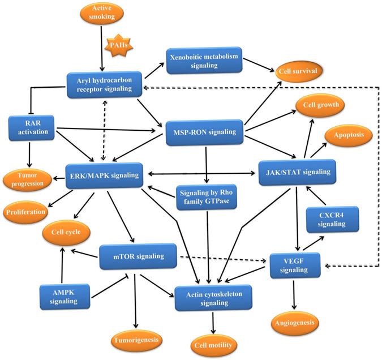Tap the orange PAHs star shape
coord(119,47)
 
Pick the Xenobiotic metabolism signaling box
coord(203,62)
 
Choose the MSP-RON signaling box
coord(203,131)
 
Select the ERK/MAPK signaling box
coord(102,175)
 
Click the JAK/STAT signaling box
coord(298,169)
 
